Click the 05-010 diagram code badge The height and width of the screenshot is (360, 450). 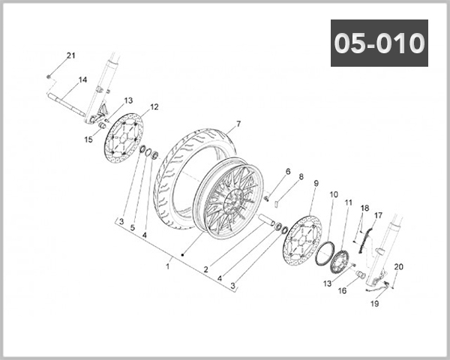(379, 43)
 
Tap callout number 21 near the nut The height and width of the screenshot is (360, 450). (71, 56)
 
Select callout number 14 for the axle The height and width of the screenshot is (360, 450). (82, 80)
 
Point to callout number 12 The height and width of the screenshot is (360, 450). (154, 107)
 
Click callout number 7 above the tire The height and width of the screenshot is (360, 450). (238, 124)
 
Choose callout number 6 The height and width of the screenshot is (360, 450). (287, 172)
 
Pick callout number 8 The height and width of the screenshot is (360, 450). (301, 178)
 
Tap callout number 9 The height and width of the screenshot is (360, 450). (316, 183)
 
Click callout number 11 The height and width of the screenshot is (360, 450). (348, 202)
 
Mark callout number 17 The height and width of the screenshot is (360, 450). (379, 215)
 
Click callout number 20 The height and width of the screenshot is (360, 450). (398, 267)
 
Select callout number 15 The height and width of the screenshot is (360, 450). (88, 139)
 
